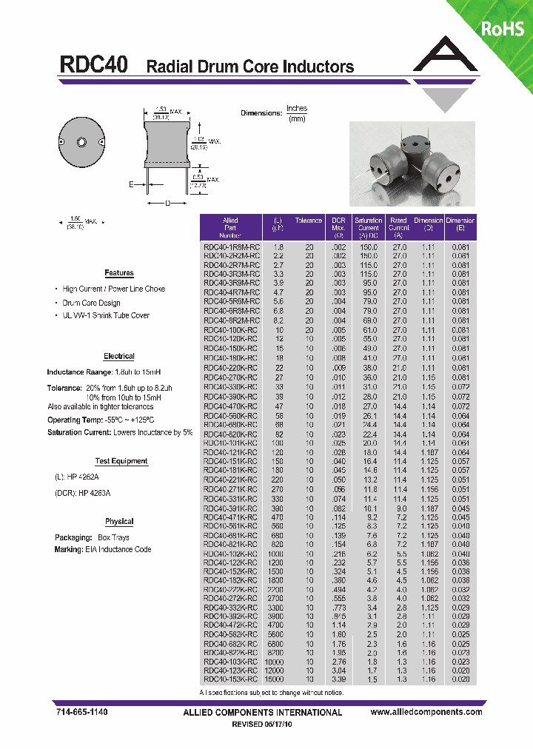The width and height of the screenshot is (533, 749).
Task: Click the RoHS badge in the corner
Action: (502, 28)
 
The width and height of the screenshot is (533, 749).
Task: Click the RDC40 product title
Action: (93, 65)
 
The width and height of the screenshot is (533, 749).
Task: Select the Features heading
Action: (118, 273)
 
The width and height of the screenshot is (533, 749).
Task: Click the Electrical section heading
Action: (118, 357)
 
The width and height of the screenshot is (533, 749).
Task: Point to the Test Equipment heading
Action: (121, 461)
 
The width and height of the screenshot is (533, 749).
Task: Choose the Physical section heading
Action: (118, 522)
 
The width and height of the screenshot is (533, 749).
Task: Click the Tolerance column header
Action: (309, 221)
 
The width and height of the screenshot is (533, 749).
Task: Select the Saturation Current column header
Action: (368, 224)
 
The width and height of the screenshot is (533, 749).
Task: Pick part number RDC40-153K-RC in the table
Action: (232, 679)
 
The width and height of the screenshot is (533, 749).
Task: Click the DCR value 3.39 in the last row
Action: (338, 679)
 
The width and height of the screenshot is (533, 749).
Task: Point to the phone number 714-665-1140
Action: (81, 712)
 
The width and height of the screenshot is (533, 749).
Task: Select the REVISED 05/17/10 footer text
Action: (263, 725)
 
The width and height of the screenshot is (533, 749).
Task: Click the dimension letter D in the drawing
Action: (167, 202)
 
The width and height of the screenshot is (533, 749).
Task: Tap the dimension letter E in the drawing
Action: (132, 185)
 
